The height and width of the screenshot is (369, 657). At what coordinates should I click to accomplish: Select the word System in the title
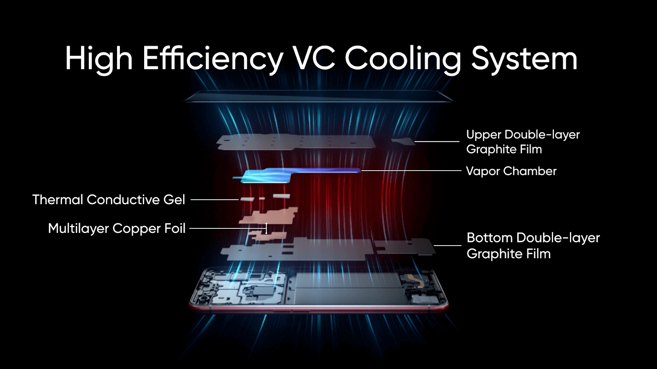point(524,59)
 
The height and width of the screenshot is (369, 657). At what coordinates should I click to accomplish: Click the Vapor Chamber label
point(511,171)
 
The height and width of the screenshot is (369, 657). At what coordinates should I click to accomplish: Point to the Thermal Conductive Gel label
point(108,200)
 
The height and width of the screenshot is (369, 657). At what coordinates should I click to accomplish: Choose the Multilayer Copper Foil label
point(117,228)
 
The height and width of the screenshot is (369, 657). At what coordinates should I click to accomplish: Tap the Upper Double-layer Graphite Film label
point(522,141)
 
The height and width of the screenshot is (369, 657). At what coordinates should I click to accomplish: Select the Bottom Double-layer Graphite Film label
point(533,245)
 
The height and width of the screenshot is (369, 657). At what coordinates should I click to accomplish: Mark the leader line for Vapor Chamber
point(411,171)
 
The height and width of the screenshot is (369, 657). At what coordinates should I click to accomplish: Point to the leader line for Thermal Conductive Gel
point(214,200)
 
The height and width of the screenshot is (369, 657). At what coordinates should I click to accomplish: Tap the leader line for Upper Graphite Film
point(436,141)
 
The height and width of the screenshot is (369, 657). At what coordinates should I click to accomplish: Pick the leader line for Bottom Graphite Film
point(447,246)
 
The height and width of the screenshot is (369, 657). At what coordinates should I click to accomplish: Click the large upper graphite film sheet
point(296,142)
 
